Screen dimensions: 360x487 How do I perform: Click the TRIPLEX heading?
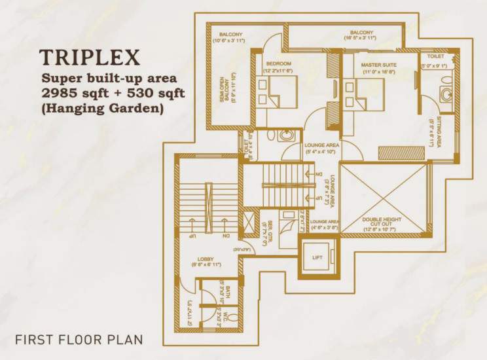(89, 58)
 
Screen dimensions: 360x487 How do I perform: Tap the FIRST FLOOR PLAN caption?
(78, 340)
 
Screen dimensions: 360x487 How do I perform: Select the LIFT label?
(317, 257)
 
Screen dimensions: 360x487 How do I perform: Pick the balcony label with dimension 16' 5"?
(361, 33)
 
